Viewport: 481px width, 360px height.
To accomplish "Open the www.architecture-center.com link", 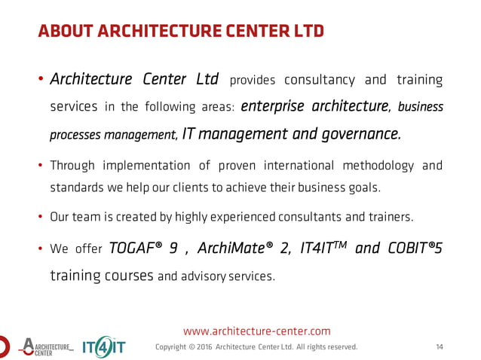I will pyautogui.click(x=257, y=331).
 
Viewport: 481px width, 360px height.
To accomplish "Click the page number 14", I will pyautogui.click(x=440, y=347).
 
